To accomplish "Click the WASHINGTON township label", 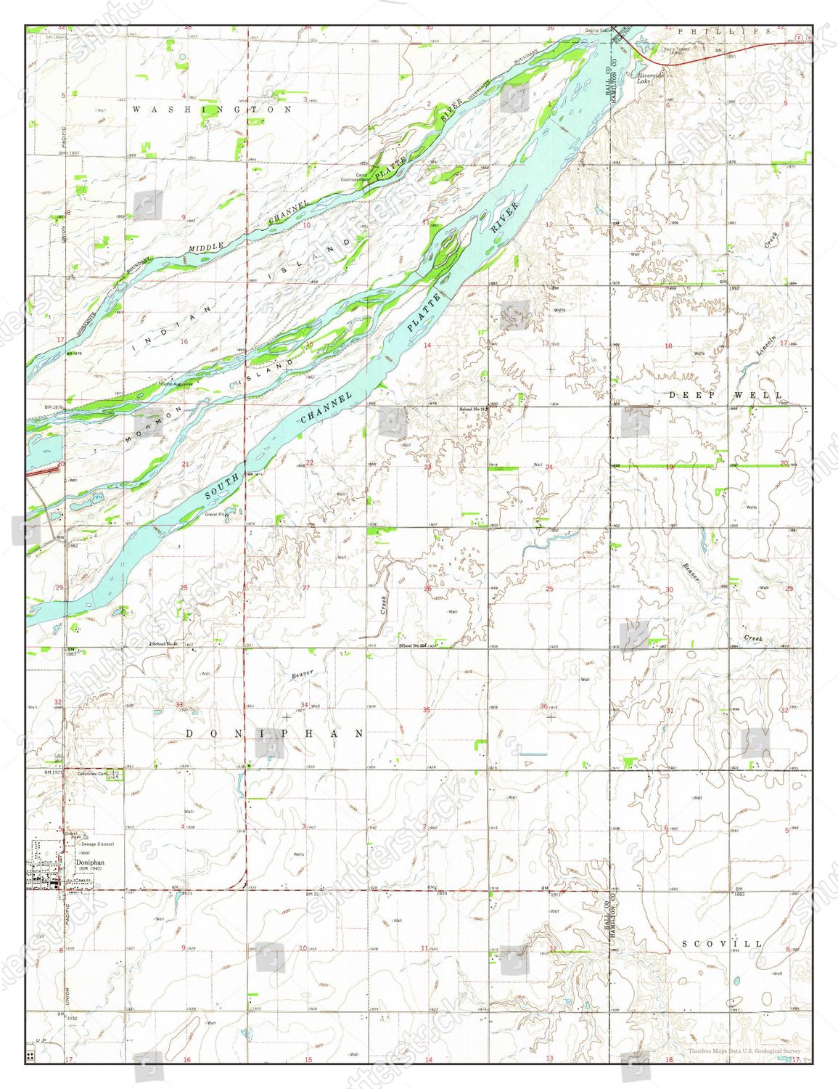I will (212, 109).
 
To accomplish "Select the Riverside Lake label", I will (650, 78).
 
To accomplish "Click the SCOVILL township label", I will (723, 943).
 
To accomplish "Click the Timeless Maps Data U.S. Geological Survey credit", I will (744, 1051).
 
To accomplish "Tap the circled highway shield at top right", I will (800, 37).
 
